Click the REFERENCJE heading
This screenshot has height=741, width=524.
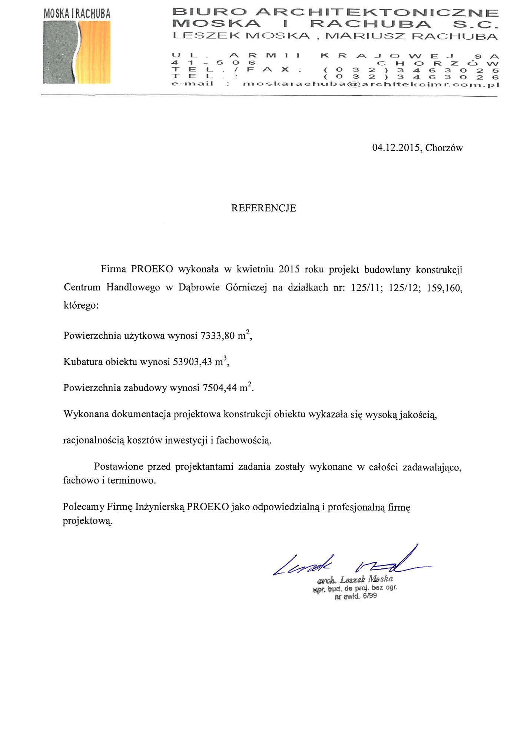pyautogui.click(x=263, y=208)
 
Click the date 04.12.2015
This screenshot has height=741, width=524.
pyautogui.click(x=396, y=148)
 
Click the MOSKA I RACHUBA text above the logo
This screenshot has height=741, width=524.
pyautogui.click(x=77, y=14)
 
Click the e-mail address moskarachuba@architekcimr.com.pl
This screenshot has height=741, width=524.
pyautogui.click(x=371, y=84)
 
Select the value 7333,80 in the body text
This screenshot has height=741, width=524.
pyautogui.click(x=218, y=336)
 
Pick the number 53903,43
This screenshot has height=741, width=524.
pyautogui.click(x=192, y=362)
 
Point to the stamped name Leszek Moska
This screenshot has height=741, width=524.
pyautogui.click(x=366, y=579)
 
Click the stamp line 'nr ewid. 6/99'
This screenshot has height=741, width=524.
pyautogui.click(x=355, y=597)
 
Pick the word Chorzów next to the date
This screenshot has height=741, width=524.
pyautogui.click(x=444, y=148)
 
